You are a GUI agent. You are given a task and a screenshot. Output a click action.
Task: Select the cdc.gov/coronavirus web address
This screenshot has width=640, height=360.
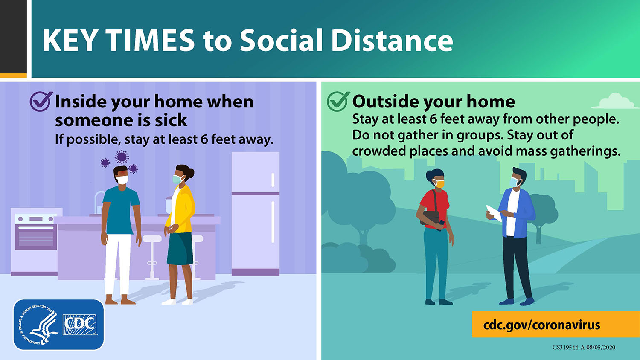point(542,325)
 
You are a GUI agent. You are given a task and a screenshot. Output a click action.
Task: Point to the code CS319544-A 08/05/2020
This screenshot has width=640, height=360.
point(583,348)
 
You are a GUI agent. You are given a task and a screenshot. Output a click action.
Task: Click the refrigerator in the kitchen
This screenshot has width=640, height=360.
point(255,214)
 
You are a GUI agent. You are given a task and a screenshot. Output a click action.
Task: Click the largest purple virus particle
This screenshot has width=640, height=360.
point(122,157)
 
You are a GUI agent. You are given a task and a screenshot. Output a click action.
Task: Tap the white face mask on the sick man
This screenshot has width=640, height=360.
point(122,180)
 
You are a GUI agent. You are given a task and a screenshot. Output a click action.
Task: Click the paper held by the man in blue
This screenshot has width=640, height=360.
point(494,213)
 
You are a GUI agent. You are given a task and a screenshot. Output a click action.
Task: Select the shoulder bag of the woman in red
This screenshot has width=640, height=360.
point(431,217)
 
